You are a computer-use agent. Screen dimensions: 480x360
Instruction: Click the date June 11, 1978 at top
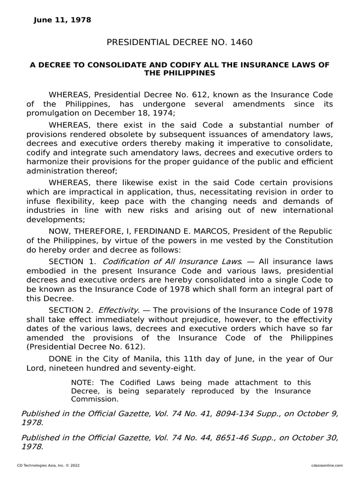62,20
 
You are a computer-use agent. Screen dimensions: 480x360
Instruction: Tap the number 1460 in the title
241,43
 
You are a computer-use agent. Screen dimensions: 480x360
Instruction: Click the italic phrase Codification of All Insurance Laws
172,261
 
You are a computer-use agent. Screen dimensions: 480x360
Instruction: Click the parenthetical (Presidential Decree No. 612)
86,347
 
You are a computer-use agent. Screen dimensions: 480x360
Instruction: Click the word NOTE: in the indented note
82,383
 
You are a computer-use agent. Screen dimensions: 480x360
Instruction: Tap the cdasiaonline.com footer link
327,465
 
